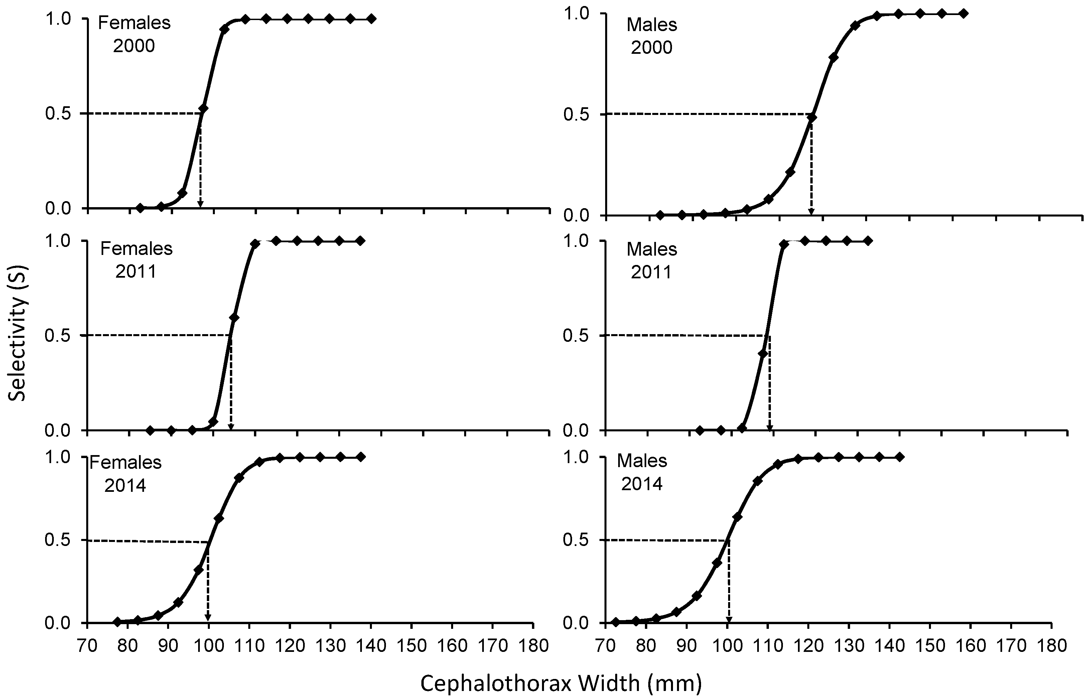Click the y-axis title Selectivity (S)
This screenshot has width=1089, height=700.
pyautogui.click(x=18, y=333)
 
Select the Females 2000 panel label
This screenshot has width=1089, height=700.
pyautogui.click(x=134, y=34)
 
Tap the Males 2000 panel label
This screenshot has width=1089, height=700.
pyautogui.click(x=652, y=36)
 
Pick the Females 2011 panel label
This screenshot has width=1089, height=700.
pyautogui.click(x=136, y=260)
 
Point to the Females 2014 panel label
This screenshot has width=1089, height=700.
pyautogui.click(x=125, y=474)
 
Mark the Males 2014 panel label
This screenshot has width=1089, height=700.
pyautogui.click(x=642, y=472)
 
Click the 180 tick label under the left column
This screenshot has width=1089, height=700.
pyautogui.click(x=533, y=646)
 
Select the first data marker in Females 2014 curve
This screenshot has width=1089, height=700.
pyautogui.click(x=117, y=621)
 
